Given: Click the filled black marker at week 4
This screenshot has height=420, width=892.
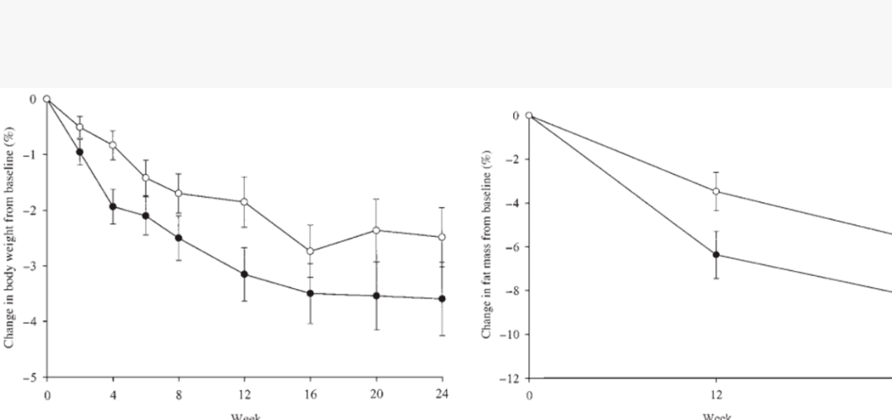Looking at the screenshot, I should [x=113, y=206].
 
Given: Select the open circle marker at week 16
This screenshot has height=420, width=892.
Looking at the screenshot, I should [x=310, y=251].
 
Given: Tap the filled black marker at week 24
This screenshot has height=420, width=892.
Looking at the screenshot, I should [x=442, y=298].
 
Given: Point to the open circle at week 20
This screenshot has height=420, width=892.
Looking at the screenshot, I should [x=376, y=229].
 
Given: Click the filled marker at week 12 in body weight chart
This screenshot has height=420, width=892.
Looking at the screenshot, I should [x=245, y=274].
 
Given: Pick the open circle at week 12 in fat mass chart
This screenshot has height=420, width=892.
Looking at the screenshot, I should [x=715, y=191].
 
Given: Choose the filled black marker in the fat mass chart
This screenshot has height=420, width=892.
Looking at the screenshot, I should [x=715, y=254].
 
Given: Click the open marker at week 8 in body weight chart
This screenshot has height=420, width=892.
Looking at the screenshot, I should [x=178, y=193].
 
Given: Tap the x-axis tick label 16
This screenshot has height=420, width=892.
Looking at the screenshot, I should [x=310, y=393].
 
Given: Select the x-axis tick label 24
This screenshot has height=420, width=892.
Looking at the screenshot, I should [x=442, y=393].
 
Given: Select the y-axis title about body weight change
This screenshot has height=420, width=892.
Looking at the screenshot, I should [x=9, y=237].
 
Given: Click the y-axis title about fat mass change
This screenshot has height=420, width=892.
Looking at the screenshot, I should [x=487, y=244].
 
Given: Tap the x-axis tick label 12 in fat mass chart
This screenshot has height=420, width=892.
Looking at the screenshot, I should [x=715, y=395].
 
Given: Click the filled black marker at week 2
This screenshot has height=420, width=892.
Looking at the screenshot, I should [x=80, y=152].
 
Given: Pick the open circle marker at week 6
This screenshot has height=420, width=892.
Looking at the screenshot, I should [x=146, y=177].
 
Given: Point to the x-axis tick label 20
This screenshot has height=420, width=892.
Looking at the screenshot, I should [x=376, y=393].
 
